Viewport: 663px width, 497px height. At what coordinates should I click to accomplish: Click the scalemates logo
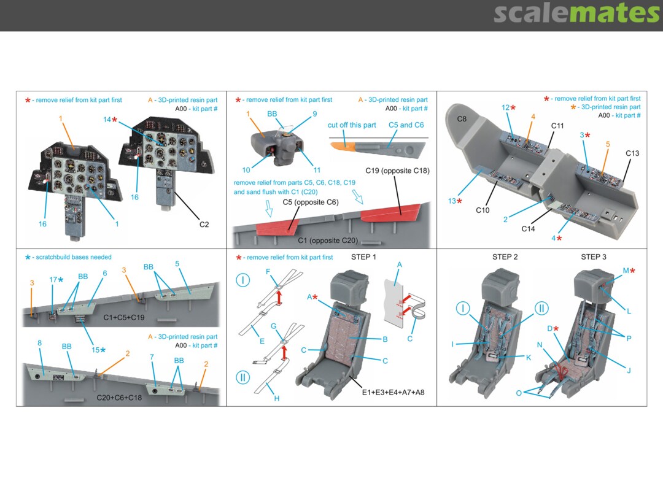click(576, 13)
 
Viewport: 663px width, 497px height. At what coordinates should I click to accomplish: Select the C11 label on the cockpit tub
click(557, 126)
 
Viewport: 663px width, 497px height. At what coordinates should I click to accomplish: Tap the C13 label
click(632, 153)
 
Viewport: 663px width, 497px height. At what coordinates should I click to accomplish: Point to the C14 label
click(529, 229)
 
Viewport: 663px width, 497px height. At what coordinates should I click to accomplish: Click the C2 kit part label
click(204, 225)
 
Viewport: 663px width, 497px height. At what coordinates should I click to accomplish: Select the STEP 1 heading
click(364, 256)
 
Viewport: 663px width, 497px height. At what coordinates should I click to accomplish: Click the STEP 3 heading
click(594, 256)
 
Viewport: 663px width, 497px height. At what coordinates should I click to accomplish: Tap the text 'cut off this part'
click(352, 125)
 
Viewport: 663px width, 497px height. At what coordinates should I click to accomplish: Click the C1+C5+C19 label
click(124, 317)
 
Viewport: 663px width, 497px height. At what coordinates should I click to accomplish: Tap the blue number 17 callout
click(53, 280)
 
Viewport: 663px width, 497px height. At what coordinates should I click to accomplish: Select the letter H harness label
click(277, 398)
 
